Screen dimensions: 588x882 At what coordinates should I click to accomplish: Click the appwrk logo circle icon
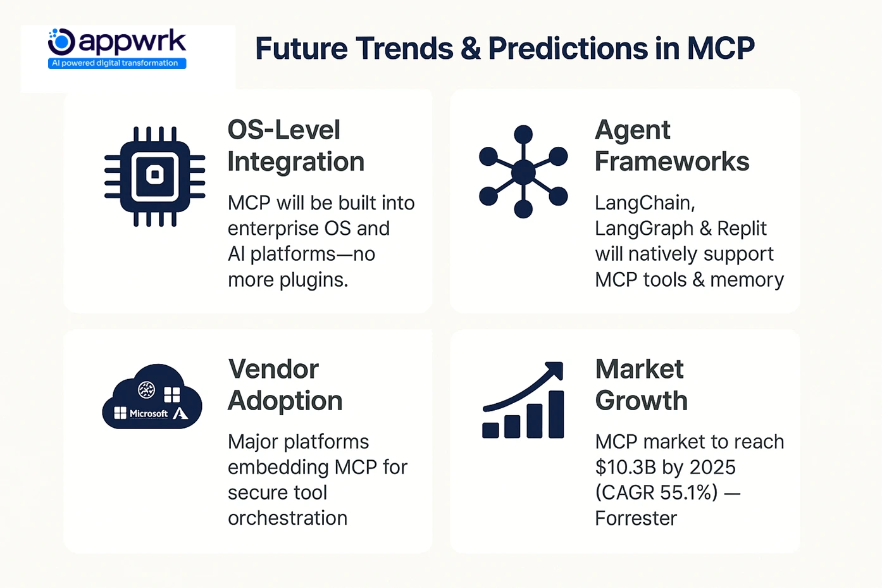[62, 42]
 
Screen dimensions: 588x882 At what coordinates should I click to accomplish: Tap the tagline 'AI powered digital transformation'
[116, 63]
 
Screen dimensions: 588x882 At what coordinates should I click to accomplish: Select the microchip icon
[154, 176]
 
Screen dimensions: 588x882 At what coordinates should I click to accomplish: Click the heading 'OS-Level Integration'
[295, 146]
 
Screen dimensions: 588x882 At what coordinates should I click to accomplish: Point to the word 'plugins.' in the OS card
[317, 280]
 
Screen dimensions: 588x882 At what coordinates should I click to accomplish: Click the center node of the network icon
[523, 172]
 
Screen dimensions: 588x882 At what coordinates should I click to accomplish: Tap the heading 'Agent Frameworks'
[671, 146]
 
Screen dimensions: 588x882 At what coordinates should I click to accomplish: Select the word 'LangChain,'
[645, 203]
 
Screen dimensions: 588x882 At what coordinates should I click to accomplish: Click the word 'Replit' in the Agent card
[742, 228]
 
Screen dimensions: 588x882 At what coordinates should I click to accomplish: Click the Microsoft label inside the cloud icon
[148, 414]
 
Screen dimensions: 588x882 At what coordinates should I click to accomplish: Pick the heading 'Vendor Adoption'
[285, 385]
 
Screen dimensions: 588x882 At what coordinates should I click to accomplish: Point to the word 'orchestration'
[287, 518]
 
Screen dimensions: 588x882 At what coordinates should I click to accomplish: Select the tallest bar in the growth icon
[556, 415]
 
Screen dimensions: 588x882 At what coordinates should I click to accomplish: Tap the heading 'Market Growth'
[641, 385]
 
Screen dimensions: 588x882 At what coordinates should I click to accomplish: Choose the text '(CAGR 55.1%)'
[656, 493]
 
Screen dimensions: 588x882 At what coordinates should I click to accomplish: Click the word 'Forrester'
[635, 519]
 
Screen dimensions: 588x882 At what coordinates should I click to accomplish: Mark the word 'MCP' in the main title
[720, 49]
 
